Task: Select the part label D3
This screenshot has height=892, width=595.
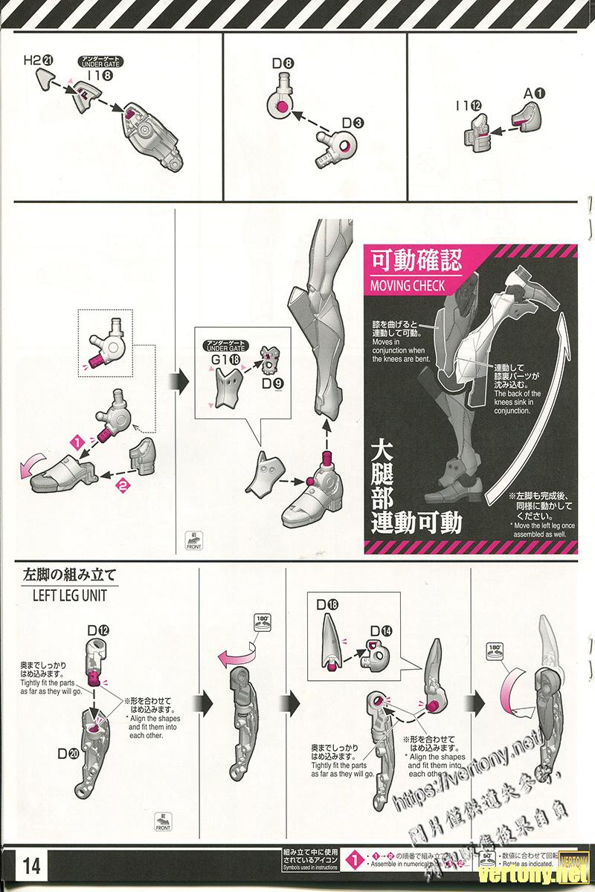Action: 353,122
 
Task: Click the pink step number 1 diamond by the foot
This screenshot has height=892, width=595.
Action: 75,442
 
